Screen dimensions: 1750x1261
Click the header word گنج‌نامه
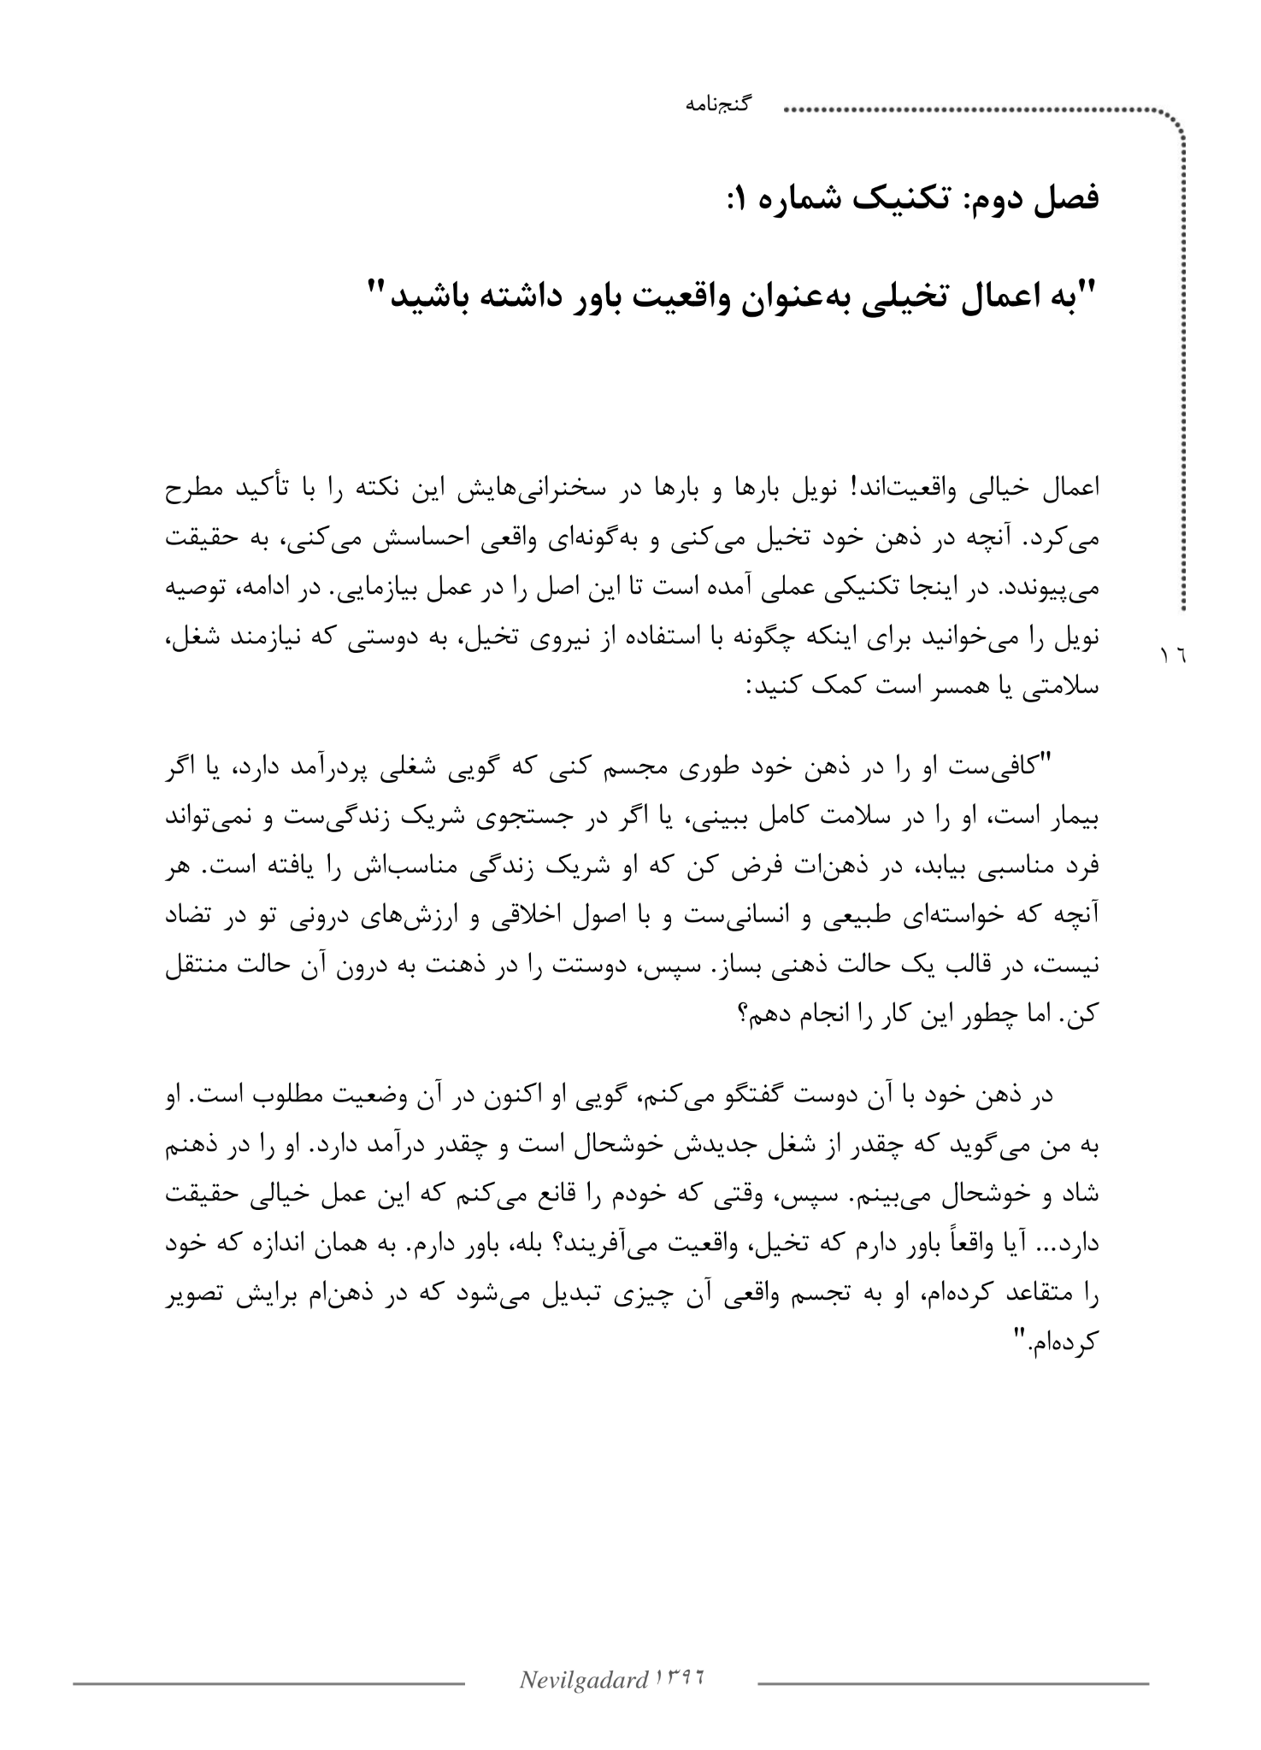(x=718, y=106)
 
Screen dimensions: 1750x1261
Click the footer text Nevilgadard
(x=583, y=1682)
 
